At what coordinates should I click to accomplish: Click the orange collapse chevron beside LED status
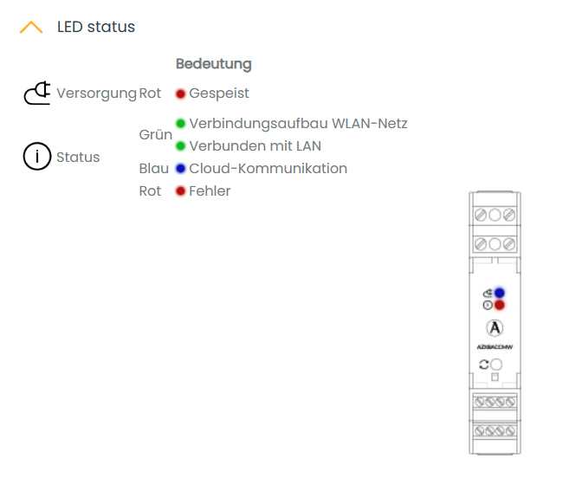click(x=31, y=28)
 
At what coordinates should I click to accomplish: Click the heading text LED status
click(x=96, y=27)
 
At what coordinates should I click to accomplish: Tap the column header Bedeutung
click(x=214, y=64)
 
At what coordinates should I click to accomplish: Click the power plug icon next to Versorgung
click(x=37, y=93)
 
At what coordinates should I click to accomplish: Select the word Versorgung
click(x=96, y=93)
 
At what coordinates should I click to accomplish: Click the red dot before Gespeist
click(x=180, y=94)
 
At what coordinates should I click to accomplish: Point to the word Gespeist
click(x=219, y=93)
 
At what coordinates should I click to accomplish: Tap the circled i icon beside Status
click(x=37, y=158)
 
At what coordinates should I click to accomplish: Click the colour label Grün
click(x=155, y=135)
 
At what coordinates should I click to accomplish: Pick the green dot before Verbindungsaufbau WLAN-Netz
click(x=180, y=124)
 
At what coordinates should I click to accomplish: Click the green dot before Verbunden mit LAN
click(x=180, y=146)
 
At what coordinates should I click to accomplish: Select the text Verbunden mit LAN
click(x=255, y=146)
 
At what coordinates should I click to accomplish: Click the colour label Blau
click(x=153, y=169)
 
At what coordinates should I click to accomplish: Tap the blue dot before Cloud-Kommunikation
click(x=180, y=169)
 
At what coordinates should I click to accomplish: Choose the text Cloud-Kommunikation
click(x=268, y=169)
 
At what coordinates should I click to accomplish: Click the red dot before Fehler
click(x=180, y=191)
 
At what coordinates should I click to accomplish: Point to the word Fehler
click(x=210, y=191)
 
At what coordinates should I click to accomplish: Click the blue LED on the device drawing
click(x=500, y=293)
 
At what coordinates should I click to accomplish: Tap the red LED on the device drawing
click(x=500, y=305)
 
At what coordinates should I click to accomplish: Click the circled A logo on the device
click(x=495, y=328)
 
